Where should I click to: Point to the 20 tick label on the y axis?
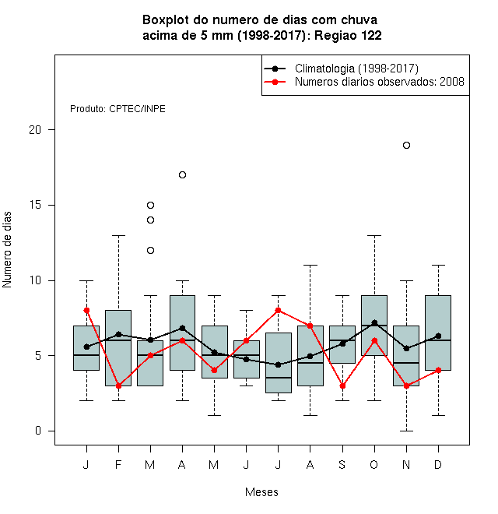[x=35, y=130]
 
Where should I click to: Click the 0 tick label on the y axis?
[x=38, y=431]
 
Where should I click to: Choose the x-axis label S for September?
[x=342, y=464]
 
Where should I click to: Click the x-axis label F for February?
[x=118, y=464]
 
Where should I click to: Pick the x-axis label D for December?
[x=438, y=464]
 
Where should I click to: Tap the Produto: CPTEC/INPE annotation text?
[x=117, y=109]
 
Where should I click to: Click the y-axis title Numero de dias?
[x=7, y=250]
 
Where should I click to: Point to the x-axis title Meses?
[x=261, y=492]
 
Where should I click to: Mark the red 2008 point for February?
[x=118, y=385]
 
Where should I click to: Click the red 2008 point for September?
[x=342, y=385]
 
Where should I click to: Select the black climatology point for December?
[x=438, y=336]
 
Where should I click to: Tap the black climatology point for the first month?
[x=86, y=347]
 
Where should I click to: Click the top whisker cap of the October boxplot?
[x=374, y=235]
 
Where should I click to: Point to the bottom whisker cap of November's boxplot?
[x=406, y=431]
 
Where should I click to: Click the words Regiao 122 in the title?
[x=348, y=35]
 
